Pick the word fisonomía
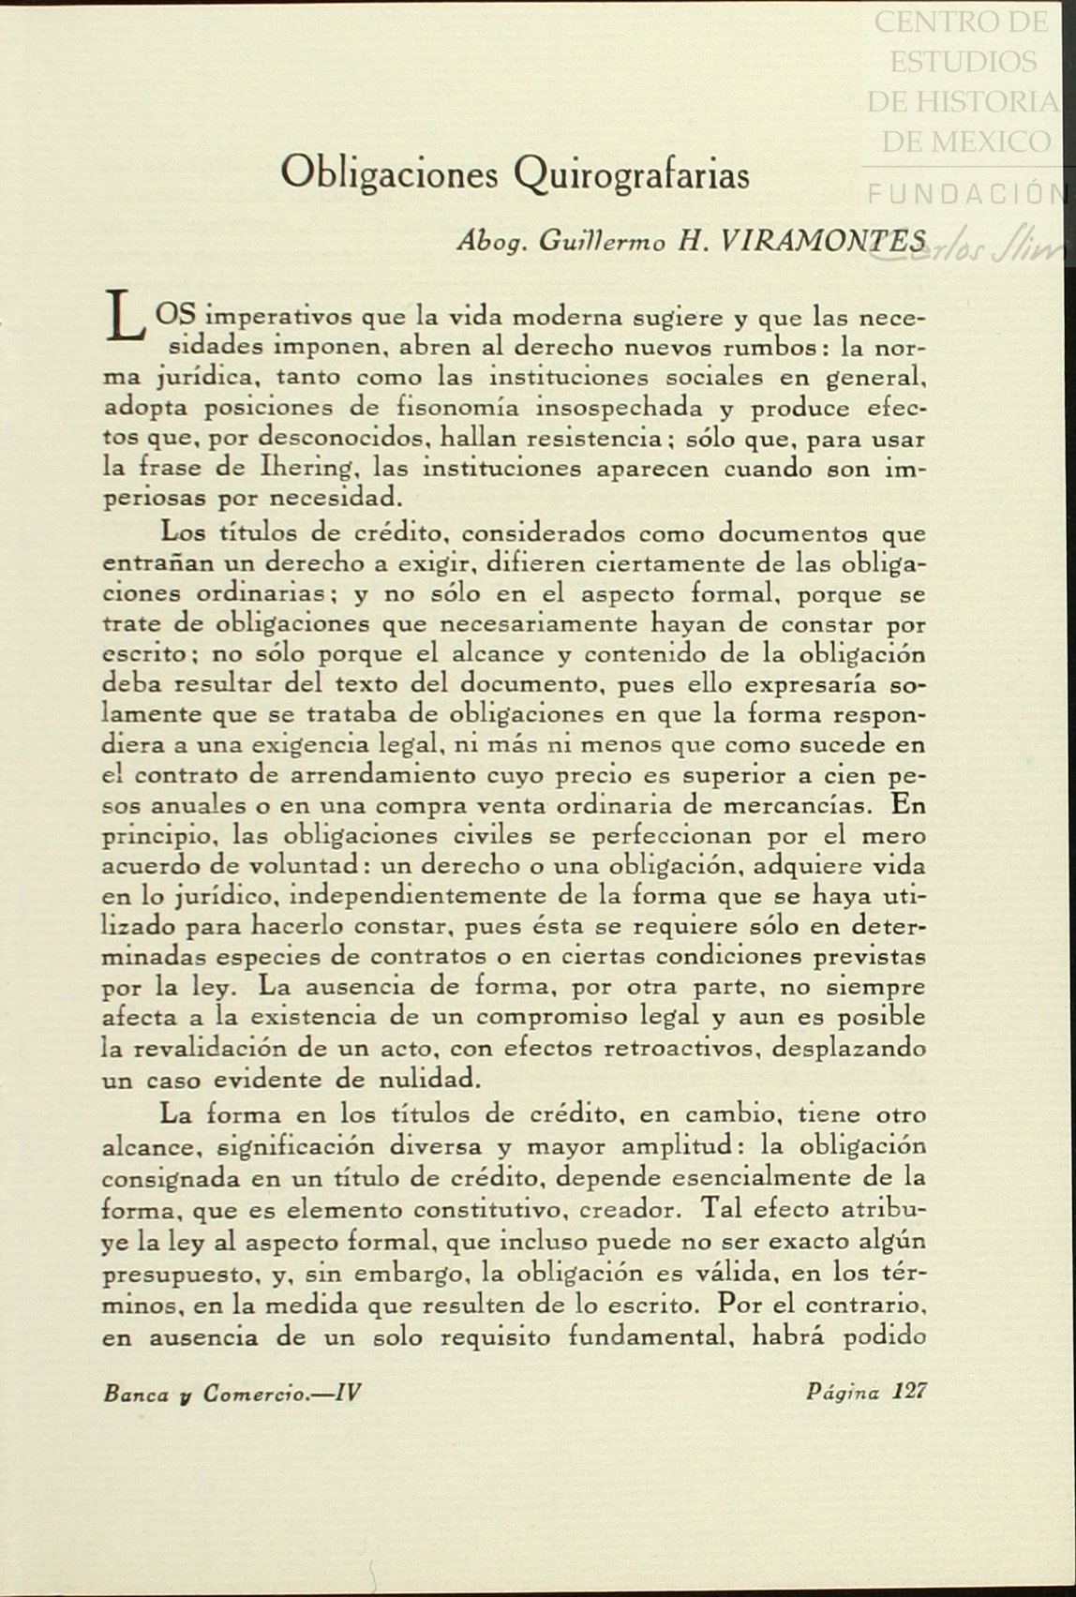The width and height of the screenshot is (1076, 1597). [x=455, y=408]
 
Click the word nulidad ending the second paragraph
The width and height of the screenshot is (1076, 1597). [x=432, y=1078]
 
